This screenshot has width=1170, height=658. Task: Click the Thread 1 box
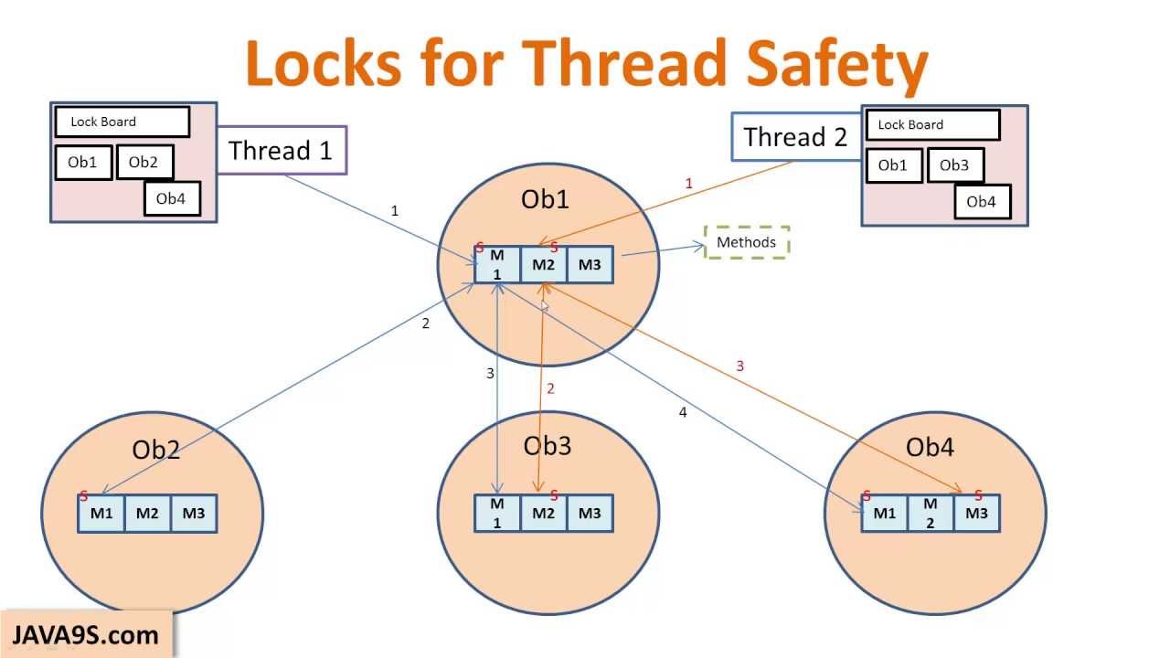click(282, 150)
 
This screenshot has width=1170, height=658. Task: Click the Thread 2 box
click(796, 137)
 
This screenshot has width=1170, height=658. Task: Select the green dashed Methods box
click(746, 242)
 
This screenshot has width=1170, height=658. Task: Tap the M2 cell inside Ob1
click(543, 265)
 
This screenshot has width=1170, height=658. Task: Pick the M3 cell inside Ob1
click(590, 265)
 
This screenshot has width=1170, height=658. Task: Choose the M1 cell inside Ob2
click(101, 514)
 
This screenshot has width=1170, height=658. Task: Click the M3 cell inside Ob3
click(590, 514)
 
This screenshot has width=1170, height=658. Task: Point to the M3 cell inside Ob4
click(976, 514)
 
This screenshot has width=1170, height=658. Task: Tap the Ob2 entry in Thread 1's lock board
click(144, 163)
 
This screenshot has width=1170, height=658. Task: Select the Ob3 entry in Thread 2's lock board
click(954, 165)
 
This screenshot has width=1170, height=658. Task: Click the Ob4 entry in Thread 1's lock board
click(171, 198)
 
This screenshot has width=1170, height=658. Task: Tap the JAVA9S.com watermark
click(85, 635)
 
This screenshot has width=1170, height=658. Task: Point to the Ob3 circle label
click(547, 446)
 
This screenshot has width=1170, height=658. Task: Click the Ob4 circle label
click(930, 448)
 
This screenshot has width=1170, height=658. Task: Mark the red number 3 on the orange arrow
click(739, 366)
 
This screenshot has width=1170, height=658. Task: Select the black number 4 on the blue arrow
click(682, 413)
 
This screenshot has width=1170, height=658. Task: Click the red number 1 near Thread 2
click(688, 184)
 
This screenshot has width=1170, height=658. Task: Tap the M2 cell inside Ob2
click(147, 514)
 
